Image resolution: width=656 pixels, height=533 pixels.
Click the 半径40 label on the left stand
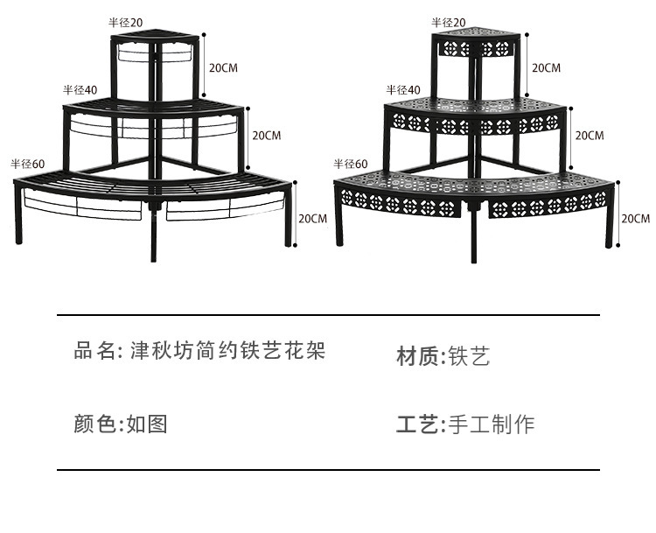(80, 90)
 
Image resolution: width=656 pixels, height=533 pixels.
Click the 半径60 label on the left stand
(27, 164)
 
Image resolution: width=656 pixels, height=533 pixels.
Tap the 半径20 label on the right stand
(449, 22)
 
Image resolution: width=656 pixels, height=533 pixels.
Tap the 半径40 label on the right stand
(403, 89)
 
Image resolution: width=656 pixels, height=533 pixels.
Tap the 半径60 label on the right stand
(351, 164)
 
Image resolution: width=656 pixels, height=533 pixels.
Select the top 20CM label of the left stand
(222, 67)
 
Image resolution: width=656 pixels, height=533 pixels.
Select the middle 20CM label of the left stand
(266, 135)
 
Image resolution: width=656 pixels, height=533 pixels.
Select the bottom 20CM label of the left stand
(313, 218)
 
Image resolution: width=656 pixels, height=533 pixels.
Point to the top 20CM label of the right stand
(547, 67)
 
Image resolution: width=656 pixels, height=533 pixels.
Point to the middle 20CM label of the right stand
(589, 135)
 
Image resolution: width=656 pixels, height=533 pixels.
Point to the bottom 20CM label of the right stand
(636, 218)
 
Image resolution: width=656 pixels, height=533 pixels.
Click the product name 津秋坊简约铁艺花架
(227, 352)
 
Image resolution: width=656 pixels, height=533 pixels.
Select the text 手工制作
(491, 425)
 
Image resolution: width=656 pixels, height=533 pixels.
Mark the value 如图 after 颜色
(146, 424)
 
